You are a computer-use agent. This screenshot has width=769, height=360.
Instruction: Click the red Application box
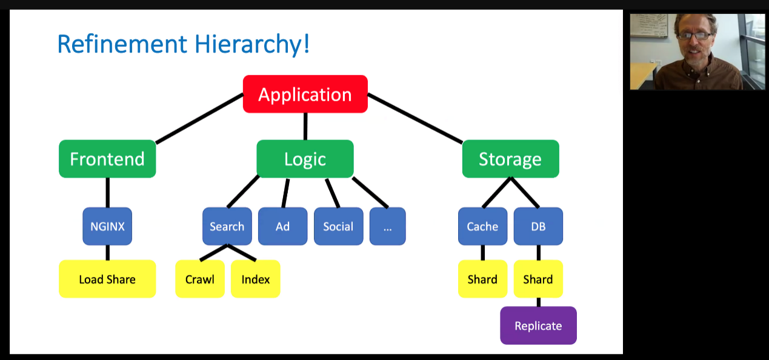(305, 94)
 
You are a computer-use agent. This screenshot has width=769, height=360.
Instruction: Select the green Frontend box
(107, 159)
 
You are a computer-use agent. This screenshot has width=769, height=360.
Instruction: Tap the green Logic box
(305, 159)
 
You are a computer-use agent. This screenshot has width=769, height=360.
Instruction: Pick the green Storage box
(510, 159)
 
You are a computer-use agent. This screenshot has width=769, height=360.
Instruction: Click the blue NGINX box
(107, 226)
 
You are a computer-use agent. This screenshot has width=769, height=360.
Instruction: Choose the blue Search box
(227, 226)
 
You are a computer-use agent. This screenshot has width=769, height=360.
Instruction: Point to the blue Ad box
(282, 226)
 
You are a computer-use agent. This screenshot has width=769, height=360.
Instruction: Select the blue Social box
(339, 226)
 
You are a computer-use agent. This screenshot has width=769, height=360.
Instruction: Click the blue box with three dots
(388, 226)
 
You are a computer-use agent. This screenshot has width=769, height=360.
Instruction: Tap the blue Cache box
(483, 226)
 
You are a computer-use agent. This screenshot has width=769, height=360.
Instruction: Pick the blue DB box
(538, 226)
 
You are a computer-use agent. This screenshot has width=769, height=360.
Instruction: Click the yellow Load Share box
(107, 279)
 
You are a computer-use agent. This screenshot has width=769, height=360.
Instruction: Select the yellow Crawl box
(200, 279)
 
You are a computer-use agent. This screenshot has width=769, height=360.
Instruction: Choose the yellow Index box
(255, 279)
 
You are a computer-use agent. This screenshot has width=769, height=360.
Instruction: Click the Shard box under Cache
(483, 279)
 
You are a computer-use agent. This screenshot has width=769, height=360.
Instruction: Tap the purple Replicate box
(538, 325)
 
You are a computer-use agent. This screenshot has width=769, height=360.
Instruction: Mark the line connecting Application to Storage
(415, 118)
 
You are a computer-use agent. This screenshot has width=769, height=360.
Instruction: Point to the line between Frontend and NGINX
(107, 193)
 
